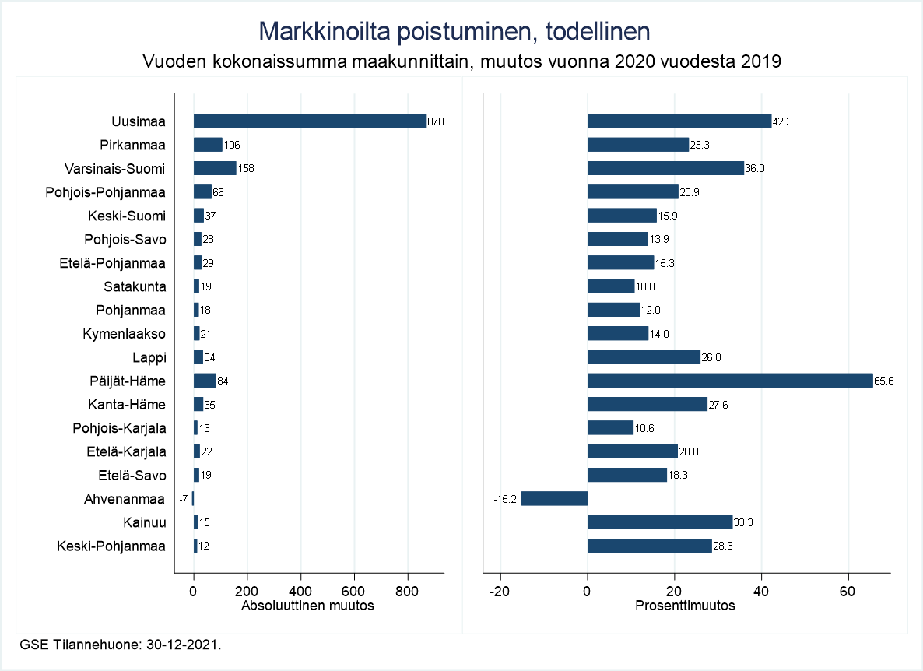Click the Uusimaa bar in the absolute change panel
(x=310, y=121)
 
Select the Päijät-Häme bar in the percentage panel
(x=730, y=381)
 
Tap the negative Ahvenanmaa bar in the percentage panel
(x=554, y=498)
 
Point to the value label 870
(x=436, y=121)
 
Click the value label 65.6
(x=884, y=381)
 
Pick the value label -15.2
(x=506, y=499)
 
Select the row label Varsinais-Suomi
(x=115, y=168)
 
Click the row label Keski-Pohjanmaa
(x=111, y=546)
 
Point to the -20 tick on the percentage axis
(x=500, y=591)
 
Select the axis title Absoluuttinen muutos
(x=308, y=606)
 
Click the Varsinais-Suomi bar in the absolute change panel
(x=215, y=168)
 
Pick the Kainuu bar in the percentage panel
(x=660, y=522)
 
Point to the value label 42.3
(x=782, y=121)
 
